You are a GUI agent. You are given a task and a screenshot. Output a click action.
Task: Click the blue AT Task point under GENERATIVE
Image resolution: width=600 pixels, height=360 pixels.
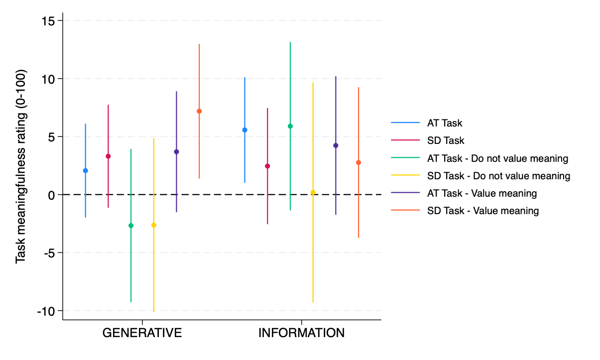[x=85, y=171]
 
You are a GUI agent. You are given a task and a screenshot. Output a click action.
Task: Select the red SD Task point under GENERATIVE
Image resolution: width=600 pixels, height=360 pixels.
[x=108, y=156]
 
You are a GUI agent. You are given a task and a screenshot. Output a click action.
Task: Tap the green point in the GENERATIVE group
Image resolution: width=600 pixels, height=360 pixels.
[x=131, y=226]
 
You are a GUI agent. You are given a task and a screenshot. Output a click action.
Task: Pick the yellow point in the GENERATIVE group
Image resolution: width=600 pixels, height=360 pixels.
[x=153, y=225]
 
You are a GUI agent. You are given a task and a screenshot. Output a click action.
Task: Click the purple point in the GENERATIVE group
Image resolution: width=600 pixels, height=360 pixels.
[x=176, y=152]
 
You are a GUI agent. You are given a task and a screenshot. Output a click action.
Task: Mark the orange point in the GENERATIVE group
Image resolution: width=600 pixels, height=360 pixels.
[x=199, y=111]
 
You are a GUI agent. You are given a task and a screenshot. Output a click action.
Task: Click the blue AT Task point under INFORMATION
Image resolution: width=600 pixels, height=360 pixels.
[x=244, y=130]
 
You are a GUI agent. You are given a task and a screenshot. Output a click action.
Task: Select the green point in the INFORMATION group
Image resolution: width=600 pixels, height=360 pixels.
[x=290, y=126]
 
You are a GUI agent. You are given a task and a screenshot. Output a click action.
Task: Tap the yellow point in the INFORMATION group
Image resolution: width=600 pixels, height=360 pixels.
[x=313, y=192]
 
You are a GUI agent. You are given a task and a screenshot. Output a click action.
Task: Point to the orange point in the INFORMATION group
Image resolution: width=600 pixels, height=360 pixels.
[x=359, y=162]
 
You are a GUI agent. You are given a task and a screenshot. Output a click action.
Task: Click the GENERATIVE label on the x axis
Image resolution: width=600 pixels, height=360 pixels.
[x=142, y=333]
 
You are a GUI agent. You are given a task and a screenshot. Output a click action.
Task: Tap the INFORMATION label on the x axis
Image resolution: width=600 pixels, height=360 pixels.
[x=301, y=333]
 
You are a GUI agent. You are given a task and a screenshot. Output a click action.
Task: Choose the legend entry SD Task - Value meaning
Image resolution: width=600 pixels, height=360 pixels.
[x=482, y=211]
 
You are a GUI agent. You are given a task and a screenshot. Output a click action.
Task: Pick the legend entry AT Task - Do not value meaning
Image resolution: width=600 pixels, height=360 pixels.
[x=497, y=158]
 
